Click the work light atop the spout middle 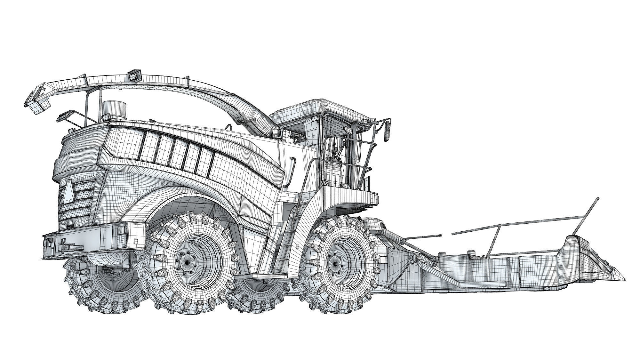(x=135, y=76)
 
